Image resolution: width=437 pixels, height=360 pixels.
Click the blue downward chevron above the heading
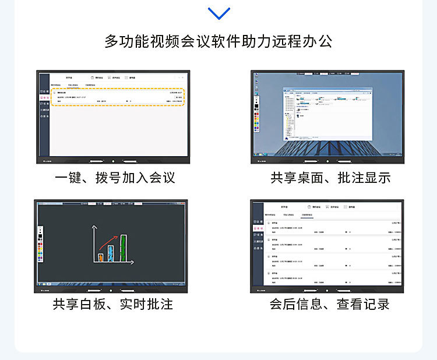218,13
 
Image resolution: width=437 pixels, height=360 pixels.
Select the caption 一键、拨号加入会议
115,178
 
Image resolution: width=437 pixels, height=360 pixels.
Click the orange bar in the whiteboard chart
100,256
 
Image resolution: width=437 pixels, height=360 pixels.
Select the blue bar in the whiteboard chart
111,252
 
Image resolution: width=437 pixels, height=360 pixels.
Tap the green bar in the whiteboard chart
123,248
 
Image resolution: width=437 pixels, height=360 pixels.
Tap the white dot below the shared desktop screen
327,160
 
